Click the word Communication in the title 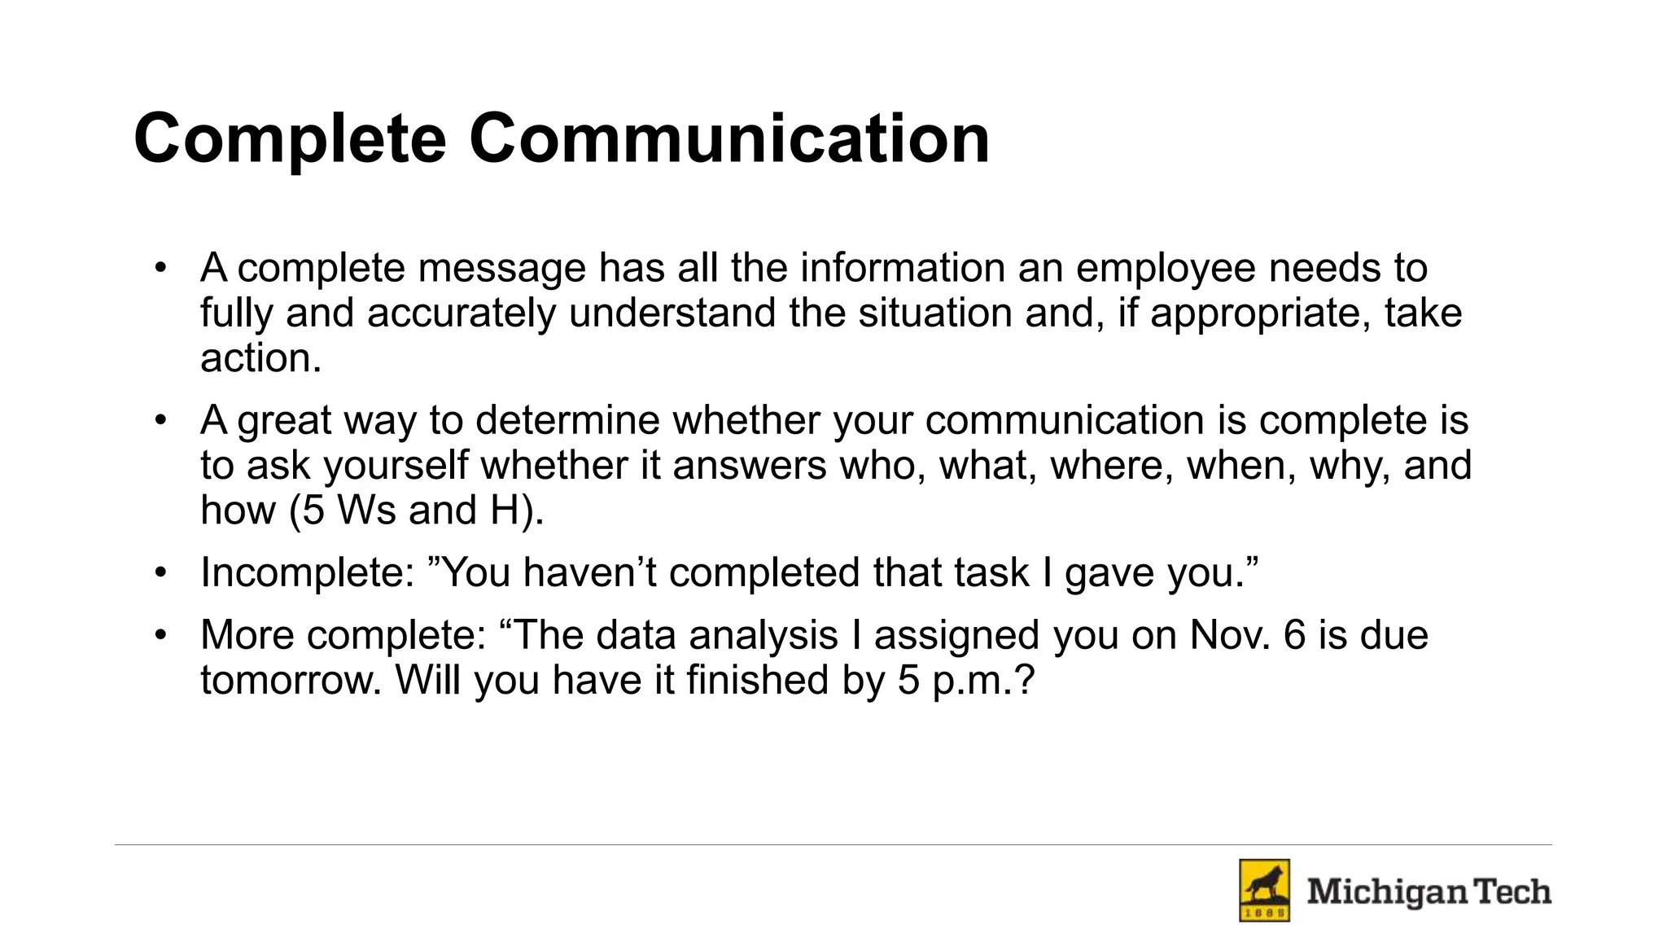pyautogui.click(x=729, y=138)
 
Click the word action pyautogui.click(x=260, y=358)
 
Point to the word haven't pyautogui.click(x=589, y=572)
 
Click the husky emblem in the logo pyautogui.click(x=1264, y=890)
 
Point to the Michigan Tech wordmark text pyautogui.click(x=1429, y=892)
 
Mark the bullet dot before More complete pyautogui.click(x=161, y=635)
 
